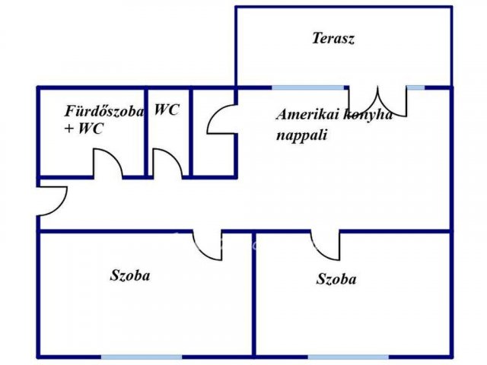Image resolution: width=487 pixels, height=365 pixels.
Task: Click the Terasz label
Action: click(333, 38)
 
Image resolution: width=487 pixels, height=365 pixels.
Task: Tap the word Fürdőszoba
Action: click(104, 111)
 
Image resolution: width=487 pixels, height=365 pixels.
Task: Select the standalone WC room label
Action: click(167, 109)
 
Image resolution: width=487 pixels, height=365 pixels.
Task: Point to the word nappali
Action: click(301, 135)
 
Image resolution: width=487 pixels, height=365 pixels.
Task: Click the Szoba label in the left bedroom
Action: click(130, 275)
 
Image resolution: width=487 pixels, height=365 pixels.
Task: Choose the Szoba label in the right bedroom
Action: click(336, 279)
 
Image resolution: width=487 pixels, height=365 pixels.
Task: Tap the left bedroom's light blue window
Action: click(142, 357)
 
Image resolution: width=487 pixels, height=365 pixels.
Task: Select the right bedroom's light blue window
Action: click(349, 357)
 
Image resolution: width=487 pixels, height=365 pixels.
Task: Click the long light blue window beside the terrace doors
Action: click(308, 88)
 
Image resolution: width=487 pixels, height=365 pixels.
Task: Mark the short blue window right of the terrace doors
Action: click(415, 88)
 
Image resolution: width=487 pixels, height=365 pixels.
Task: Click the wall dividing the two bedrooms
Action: click(253, 294)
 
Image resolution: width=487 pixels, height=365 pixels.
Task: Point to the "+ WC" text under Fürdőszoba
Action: click(84, 129)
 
